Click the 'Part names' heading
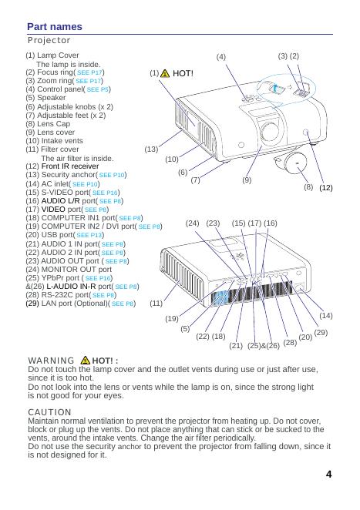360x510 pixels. click(x=55, y=27)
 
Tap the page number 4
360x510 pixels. click(x=328, y=475)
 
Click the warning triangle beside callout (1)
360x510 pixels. click(x=165, y=73)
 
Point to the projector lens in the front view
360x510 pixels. click(x=270, y=131)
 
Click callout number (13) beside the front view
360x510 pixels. click(x=151, y=149)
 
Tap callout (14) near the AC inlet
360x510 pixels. click(x=325, y=316)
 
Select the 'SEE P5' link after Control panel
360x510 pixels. click(x=97, y=89)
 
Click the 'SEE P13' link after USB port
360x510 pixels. click(x=89, y=235)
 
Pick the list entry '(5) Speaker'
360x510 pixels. click(x=45, y=98)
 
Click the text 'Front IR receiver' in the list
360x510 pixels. click(x=70, y=166)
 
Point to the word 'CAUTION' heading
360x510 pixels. click(x=49, y=412)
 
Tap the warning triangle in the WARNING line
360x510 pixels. click(x=86, y=360)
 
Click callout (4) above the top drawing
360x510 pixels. click(x=220, y=57)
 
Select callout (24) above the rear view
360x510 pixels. click(x=192, y=223)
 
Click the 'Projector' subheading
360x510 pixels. click(x=49, y=40)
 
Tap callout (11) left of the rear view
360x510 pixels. click(x=156, y=303)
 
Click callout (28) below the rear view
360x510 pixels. click(x=290, y=342)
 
